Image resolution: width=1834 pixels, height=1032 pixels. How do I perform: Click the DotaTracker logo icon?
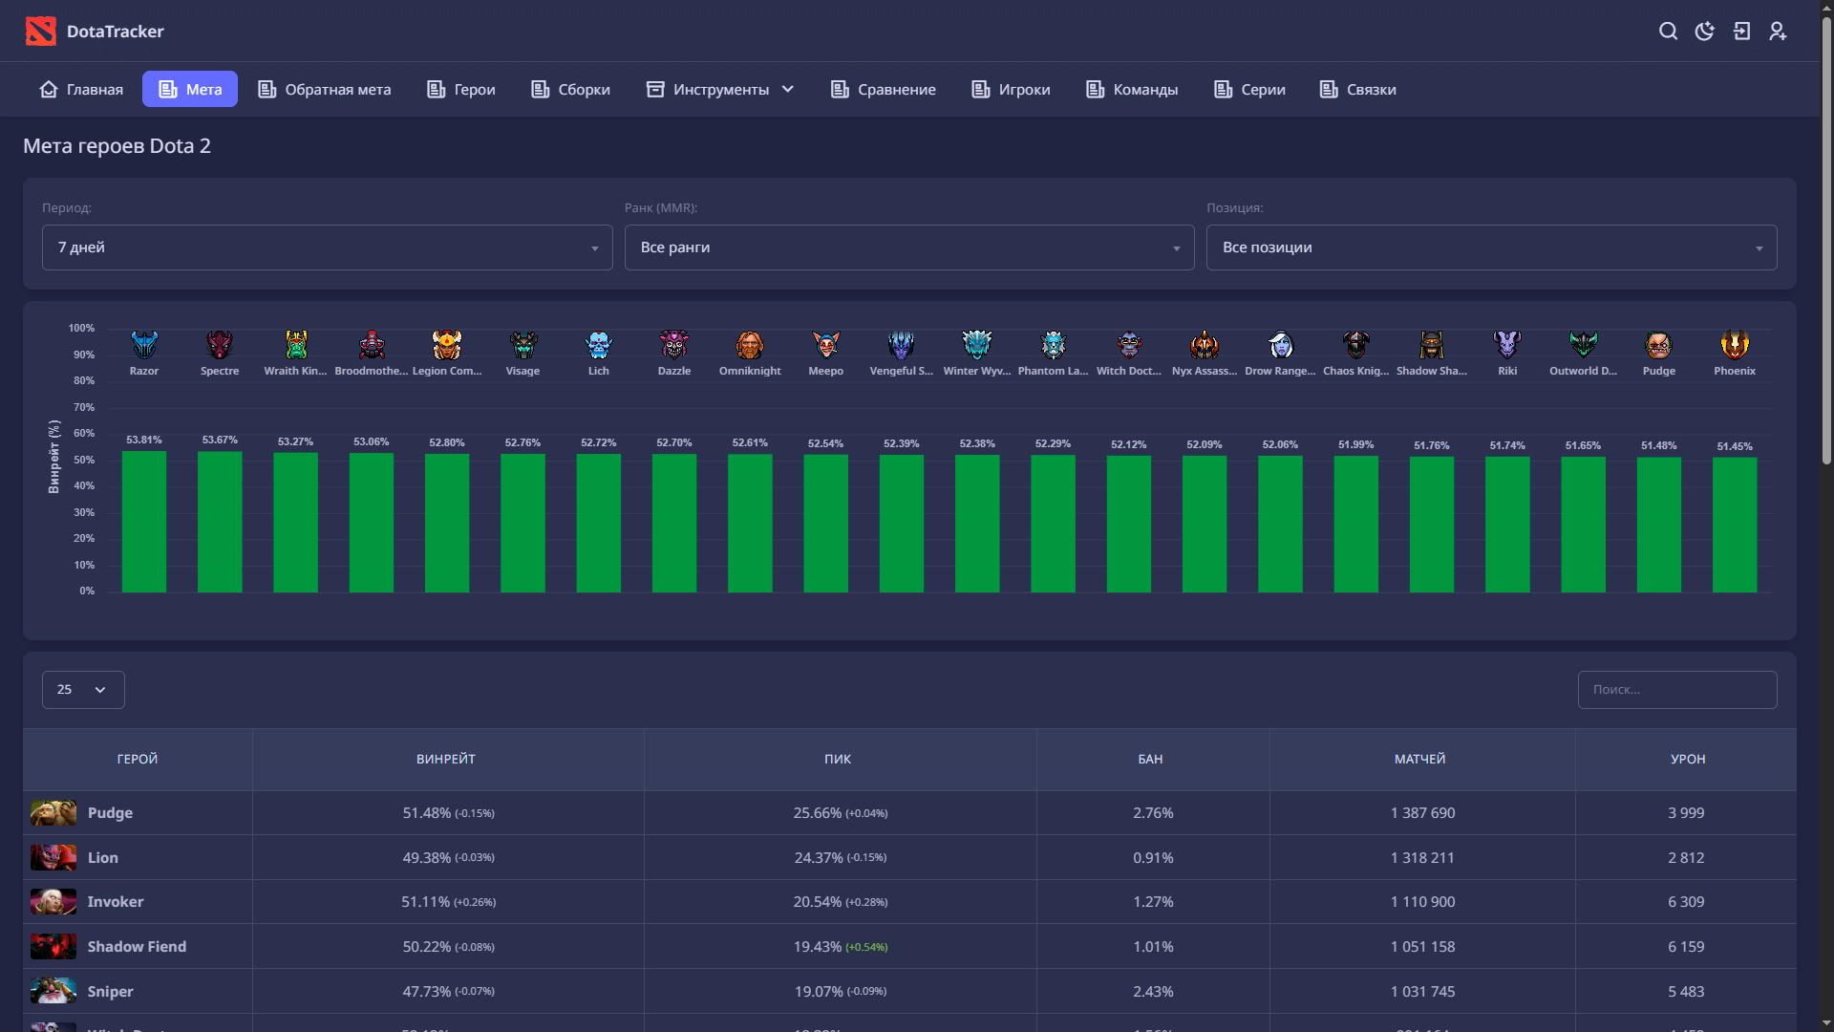tap(40, 32)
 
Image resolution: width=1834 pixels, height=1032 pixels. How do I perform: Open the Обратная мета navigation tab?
tap(325, 89)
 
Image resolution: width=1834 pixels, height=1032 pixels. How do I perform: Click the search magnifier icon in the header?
tap(1668, 32)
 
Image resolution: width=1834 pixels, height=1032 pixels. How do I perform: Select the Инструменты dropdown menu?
tap(720, 89)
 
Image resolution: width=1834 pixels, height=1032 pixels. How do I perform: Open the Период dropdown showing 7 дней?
tap(328, 247)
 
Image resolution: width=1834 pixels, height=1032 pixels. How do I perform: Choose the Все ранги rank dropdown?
tap(909, 247)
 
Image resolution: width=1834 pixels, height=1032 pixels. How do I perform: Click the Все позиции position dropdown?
tap(1491, 247)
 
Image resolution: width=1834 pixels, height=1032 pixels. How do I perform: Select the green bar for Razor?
tap(144, 522)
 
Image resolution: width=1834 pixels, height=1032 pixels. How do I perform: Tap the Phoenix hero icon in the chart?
tap(1735, 344)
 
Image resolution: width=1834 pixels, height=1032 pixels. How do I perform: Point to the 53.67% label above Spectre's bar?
tap(220, 440)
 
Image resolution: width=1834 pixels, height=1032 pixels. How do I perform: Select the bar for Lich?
tap(599, 524)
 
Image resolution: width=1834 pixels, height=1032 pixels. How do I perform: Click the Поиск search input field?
tap(1677, 690)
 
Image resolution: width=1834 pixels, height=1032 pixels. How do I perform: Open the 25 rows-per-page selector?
tap(83, 690)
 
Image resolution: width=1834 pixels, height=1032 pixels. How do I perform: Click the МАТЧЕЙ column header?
tap(1420, 760)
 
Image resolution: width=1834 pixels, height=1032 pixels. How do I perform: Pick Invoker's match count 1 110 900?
tap(1422, 902)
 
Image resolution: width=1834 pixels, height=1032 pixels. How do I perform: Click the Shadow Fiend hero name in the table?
tap(137, 947)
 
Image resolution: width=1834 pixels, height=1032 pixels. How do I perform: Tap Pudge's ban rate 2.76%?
tap(1153, 813)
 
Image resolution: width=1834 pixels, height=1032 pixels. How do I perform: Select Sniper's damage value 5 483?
tap(1686, 992)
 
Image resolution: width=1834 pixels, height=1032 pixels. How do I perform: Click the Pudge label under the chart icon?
tap(1659, 371)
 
